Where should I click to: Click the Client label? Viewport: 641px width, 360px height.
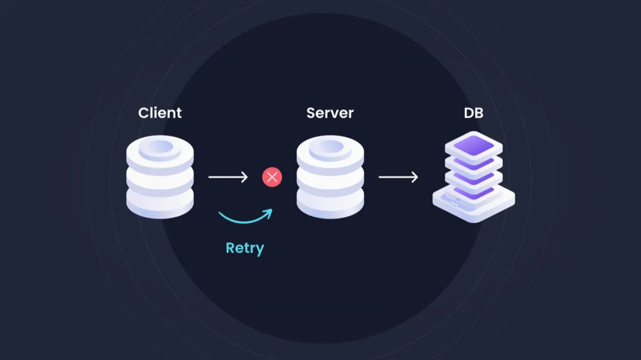160,113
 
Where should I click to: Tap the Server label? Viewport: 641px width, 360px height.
330,113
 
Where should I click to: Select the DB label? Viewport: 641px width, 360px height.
473,113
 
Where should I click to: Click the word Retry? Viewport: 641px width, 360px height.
244,248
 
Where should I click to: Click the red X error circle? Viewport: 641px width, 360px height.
272,177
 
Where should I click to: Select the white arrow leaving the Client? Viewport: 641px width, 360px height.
228,177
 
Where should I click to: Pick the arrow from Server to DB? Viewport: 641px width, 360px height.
398,177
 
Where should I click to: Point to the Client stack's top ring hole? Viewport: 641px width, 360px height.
160,146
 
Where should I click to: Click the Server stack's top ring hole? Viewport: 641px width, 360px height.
330,146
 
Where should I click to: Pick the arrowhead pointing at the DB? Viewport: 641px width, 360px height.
415,177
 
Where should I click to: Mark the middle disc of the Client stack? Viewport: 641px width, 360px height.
160,178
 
